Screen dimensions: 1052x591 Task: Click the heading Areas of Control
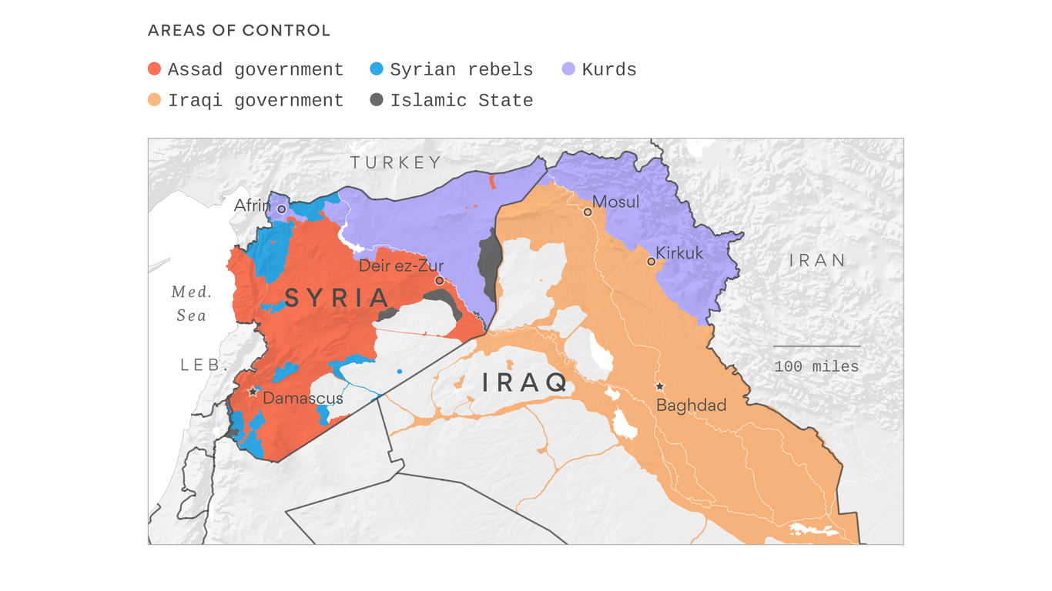pyautogui.click(x=239, y=31)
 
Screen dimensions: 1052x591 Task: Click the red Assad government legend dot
pyautogui.click(x=154, y=69)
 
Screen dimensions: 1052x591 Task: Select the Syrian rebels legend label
pyautogui.click(x=461, y=70)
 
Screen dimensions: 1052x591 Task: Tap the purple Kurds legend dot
pyautogui.click(x=568, y=69)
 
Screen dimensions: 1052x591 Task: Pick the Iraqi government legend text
pyautogui.click(x=256, y=101)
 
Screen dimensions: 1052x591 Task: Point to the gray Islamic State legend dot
pyautogui.click(x=377, y=100)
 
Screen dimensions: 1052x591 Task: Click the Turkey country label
pyautogui.click(x=397, y=162)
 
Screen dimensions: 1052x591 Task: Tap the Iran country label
pyautogui.click(x=817, y=261)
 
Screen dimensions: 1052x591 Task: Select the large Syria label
pyautogui.click(x=337, y=299)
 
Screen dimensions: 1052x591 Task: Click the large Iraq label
pyautogui.click(x=525, y=382)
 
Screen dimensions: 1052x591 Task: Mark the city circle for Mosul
pyautogui.click(x=588, y=212)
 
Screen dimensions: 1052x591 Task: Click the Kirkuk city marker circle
pyautogui.click(x=651, y=262)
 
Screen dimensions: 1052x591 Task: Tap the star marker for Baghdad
pyautogui.click(x=659, y=386)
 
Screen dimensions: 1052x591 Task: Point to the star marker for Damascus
pyautogui.click(x=253, y=392)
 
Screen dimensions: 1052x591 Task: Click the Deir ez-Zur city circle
pyautogui.click(x=439, y=281)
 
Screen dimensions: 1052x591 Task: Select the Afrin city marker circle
pyautogui.click(x=282, y=209)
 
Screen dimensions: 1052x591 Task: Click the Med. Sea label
pyautogui.click(x=191, y=304)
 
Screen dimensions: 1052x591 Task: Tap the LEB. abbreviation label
pyautogui.click(x=205, y=366)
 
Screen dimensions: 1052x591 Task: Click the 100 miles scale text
pyautogui.click(x=816, y=367)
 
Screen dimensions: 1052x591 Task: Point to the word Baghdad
pyautogui.click(x=691, y=406)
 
